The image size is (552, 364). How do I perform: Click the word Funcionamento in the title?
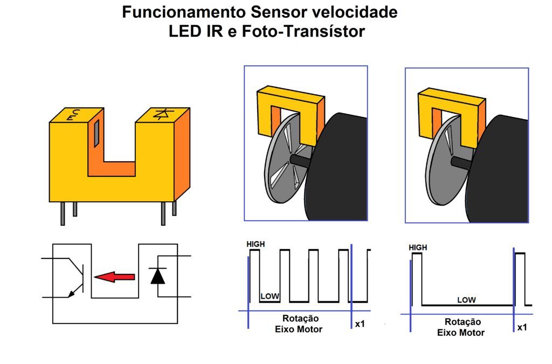click(x=184, y=13)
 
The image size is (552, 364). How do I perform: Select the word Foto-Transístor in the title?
click(x=303, y=31)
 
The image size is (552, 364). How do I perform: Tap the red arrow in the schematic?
click(x=115, y=277)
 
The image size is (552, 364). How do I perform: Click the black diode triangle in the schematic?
click(x=158, y=276)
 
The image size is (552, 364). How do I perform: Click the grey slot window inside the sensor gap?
click(x=96, y=133)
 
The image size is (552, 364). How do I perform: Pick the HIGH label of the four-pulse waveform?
click(x=256, y=244)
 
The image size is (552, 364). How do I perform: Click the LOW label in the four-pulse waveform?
click(x=270, y=297)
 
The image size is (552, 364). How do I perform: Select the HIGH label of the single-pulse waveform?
click(x=418, y=248)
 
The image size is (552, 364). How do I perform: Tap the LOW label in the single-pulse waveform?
click(x=466, y=300)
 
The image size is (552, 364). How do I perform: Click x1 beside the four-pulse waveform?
click(x=360, y=324)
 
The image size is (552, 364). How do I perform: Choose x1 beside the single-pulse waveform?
click(x=522, y=327)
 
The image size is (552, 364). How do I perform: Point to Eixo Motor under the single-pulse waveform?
click(x=461, y=333)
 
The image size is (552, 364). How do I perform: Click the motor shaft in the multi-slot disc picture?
click(x=300, y=160)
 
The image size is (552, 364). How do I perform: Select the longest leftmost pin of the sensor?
click(x=63, y=214)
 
